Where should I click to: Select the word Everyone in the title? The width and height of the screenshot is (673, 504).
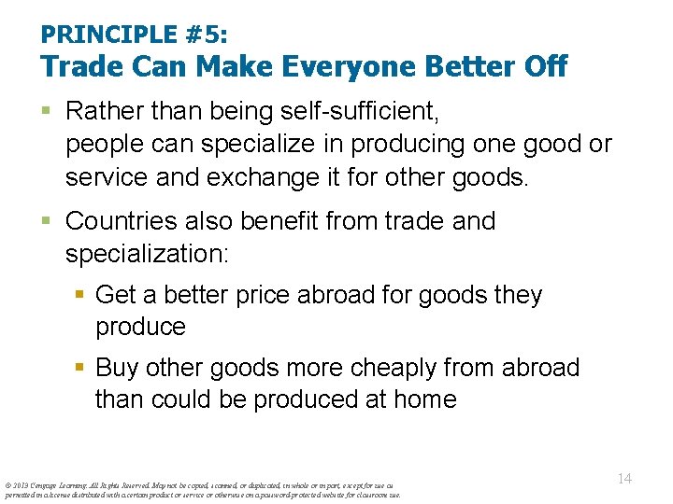click(x=346, y=66)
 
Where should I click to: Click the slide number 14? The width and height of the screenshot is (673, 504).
click(x=625, y=479)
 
